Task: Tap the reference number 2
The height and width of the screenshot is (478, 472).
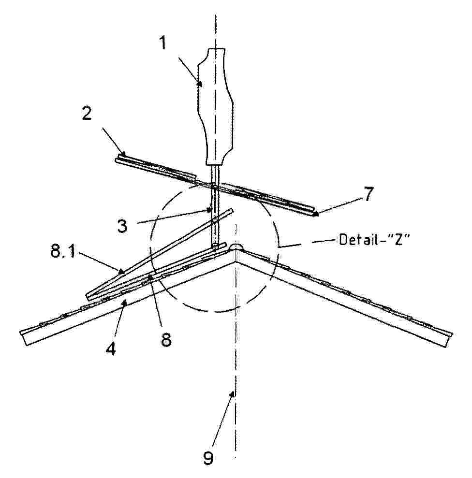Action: (87, 114)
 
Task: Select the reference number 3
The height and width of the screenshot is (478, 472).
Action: (122, 226)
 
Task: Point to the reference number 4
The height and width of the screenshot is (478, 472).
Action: (111, 349)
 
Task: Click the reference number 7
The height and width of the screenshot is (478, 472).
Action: (368, 194)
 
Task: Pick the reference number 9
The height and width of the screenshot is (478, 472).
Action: (208, 458)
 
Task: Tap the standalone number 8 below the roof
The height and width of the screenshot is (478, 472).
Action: (166, 339)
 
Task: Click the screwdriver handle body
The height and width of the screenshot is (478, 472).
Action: (216, 107)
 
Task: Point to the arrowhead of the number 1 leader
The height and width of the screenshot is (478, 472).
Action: (200, 83)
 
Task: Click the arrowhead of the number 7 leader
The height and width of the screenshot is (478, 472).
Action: (316, 214)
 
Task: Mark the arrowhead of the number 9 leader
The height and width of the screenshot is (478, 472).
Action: (233, 394)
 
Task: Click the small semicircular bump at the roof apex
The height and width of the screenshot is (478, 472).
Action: (236, 247)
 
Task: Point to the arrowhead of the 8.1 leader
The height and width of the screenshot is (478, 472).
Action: (122, 271)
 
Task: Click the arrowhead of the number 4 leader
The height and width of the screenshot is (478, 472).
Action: (124, 303)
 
